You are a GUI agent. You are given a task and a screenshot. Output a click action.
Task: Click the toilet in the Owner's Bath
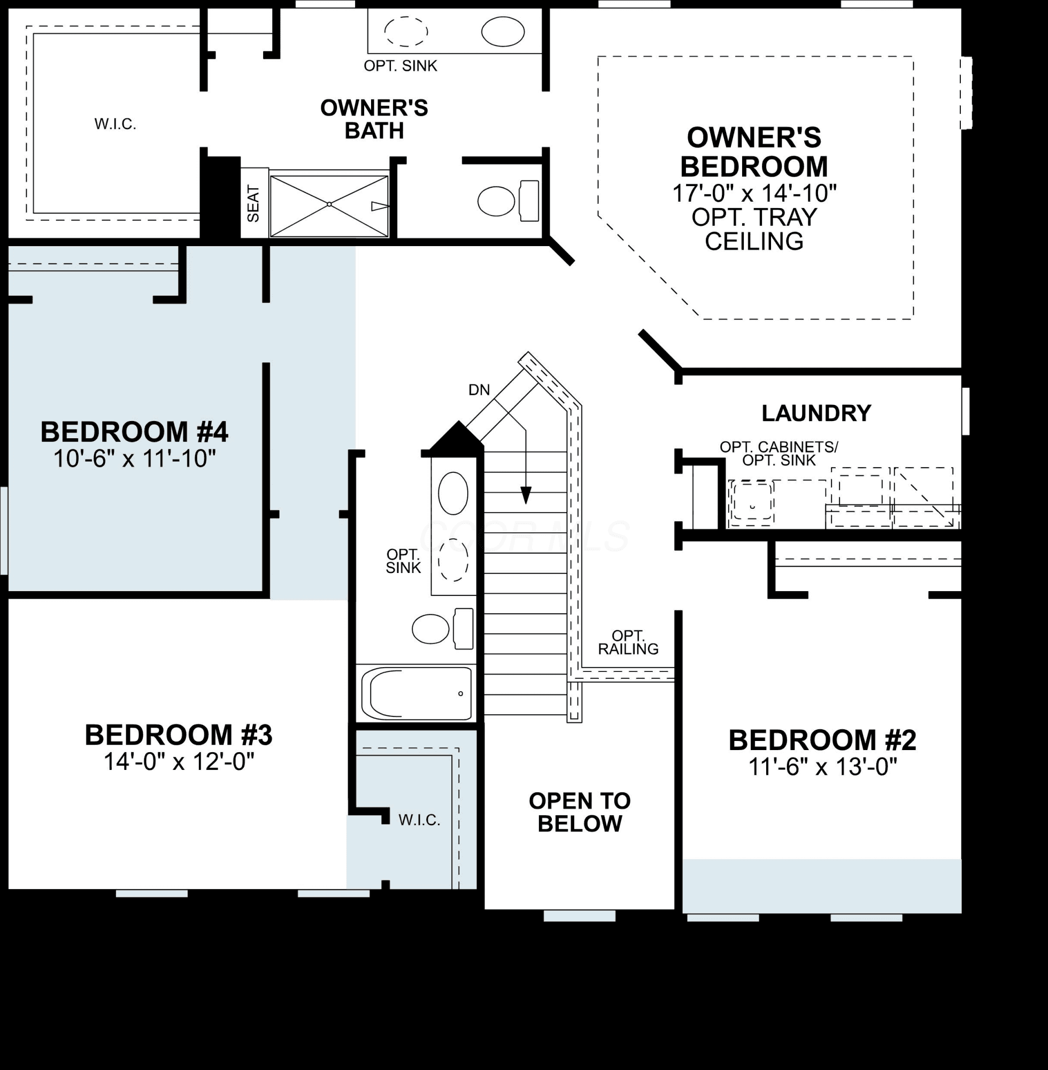(508, 201)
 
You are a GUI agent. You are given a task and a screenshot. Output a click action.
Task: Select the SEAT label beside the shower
(253, 204)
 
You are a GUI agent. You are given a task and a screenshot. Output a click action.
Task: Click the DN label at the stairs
(479, 390)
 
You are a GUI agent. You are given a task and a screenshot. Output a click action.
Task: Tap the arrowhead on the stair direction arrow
(526, 495)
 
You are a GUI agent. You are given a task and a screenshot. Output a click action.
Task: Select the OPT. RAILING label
(628, 643)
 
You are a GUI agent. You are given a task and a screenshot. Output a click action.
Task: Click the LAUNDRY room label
(816, 413)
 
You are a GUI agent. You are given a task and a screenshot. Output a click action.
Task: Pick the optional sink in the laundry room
(751, 502)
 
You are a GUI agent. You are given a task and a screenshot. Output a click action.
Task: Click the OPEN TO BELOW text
(580, 812)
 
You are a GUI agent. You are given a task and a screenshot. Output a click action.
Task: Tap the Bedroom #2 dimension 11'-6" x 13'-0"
(822, 767)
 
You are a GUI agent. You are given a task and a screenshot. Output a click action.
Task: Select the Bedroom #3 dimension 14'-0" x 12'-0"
(179, 762)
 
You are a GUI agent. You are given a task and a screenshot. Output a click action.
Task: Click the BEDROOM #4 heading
(134, 432)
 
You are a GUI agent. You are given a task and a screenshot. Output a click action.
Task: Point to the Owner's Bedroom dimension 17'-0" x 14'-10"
(754, 193)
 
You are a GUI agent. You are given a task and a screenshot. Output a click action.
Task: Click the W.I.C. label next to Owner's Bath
(115, 125)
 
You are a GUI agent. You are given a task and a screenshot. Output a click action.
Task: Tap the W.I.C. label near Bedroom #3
(419, 821)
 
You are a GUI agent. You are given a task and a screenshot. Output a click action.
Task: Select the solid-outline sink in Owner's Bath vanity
(503, 32)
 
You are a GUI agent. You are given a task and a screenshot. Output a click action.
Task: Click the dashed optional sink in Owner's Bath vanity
(406, 32)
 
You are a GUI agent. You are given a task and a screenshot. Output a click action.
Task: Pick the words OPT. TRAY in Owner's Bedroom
(754, 218)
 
